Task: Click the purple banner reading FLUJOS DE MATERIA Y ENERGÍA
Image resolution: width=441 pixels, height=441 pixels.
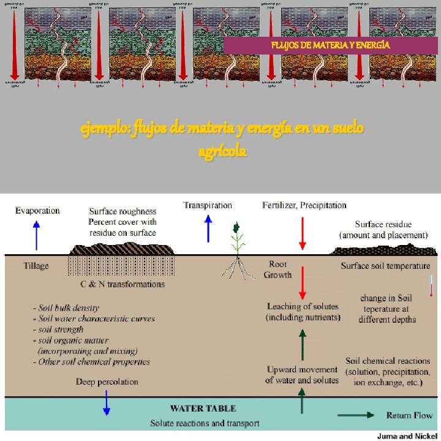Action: click(331, 45)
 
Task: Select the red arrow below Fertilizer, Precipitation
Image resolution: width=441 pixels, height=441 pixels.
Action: click(301, 232)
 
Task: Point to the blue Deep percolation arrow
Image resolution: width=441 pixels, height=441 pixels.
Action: click(106, 402)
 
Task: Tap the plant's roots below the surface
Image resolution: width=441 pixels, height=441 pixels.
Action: click(236, 265)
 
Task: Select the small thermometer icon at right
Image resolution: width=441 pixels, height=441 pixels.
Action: click(431, 285)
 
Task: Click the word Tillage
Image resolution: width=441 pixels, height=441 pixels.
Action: click(36, 266)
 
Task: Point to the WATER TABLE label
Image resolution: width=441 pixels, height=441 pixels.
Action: click(203, 408)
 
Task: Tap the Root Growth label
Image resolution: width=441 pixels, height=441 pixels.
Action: click(277, 269)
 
